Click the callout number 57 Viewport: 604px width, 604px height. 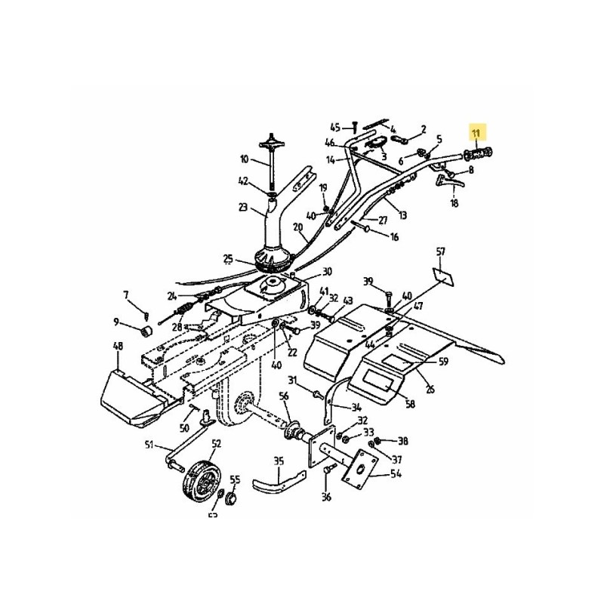(442, 251)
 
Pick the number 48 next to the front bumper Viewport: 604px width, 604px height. (118, 347)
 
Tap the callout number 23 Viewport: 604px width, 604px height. (242, 208)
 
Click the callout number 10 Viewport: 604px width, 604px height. (243, 159)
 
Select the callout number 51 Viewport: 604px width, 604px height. (149, 444)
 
